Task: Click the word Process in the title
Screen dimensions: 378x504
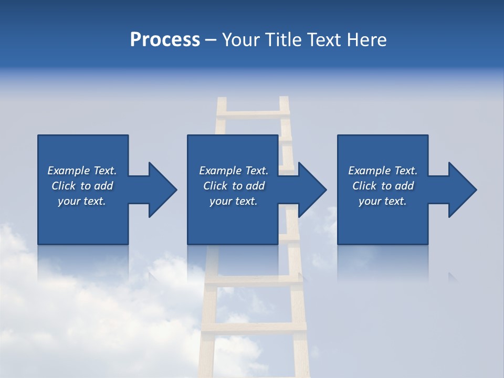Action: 165,40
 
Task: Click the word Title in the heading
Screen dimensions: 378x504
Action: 285,40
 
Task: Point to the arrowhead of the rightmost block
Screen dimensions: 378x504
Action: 461,190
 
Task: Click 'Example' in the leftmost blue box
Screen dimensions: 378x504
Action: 69,171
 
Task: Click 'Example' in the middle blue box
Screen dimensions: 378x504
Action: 220,171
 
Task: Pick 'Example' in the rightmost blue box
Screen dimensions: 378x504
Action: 370,171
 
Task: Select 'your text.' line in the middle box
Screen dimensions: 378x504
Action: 233,201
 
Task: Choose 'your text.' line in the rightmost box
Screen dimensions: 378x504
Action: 382,201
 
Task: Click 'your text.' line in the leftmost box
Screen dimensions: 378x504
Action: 81,201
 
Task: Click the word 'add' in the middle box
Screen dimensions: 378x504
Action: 255,186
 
